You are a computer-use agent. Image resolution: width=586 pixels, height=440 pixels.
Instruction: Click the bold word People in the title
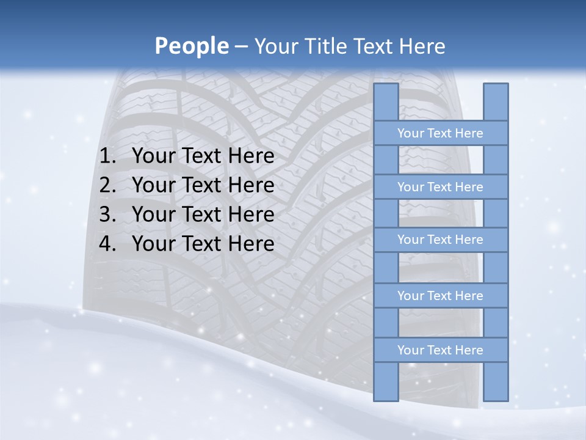(x=191, y=46)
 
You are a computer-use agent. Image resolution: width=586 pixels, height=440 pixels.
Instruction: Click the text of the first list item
(x=203, y=156)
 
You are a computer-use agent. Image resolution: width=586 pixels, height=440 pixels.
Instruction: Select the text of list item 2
(x=203, y=185)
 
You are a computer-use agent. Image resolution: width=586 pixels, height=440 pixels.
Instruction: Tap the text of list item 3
(x=203, y=215)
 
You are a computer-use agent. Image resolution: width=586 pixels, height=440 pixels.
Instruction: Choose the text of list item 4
(x=203, y=244)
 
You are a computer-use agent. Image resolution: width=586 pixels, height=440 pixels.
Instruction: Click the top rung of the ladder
(x=440, y=133)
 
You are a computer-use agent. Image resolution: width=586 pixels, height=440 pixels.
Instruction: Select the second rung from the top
(x=440, y=187)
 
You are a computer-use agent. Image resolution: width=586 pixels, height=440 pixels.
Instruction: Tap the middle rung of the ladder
(x=440, y=240)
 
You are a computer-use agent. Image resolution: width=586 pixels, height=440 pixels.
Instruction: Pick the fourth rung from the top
(x=440, y=296)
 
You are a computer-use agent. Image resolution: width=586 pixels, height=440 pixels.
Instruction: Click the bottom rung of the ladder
(x=440, y=350)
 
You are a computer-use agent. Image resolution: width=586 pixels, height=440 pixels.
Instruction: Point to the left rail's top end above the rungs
(x=386, y=102)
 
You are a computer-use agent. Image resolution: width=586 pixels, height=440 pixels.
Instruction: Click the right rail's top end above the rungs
(x=496, y=102)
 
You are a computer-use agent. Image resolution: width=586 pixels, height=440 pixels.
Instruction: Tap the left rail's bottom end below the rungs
(x=386, y=381)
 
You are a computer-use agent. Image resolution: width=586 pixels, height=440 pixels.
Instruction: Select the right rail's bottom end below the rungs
(x=496, y=381)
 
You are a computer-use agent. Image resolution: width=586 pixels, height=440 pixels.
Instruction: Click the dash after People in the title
(x=241, y=46)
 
